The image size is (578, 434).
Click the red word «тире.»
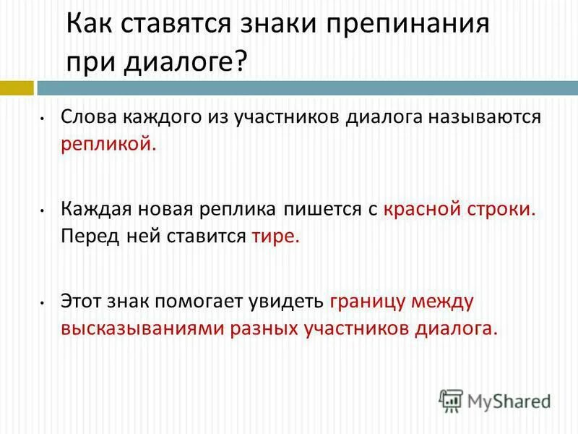(x=275, y=237)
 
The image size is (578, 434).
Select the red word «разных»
(x=263, y=328)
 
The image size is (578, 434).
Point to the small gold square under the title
(x=16, y=88)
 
